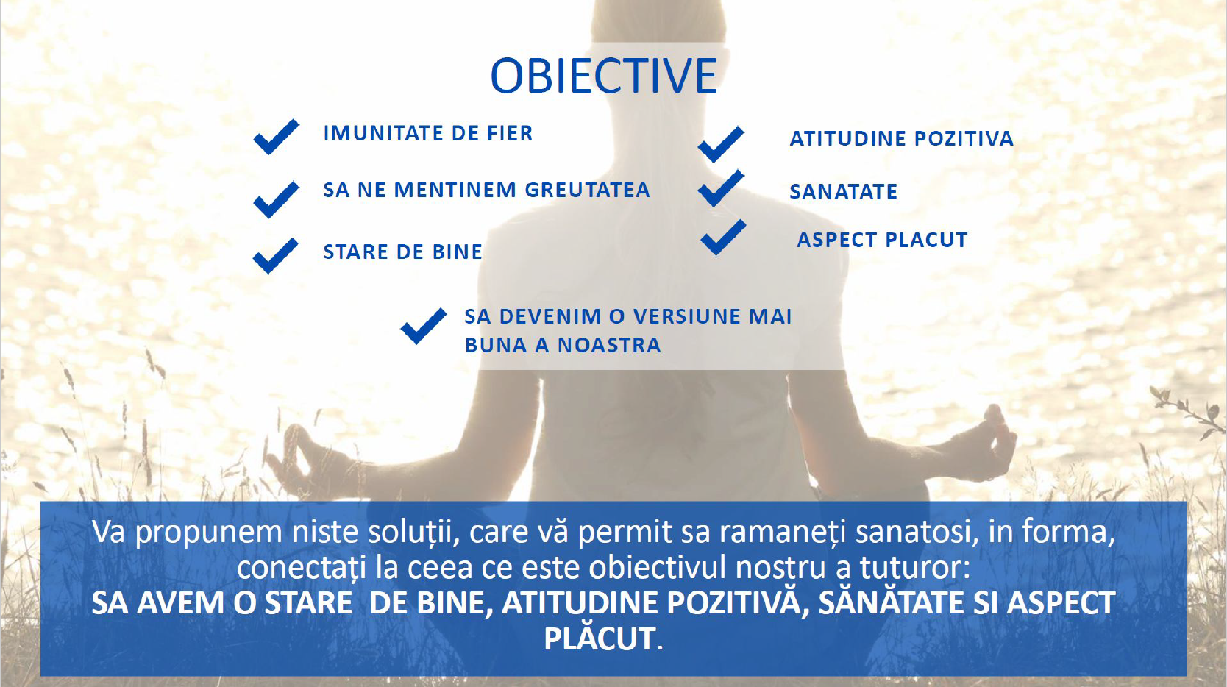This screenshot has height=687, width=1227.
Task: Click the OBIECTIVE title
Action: (x=604, y=76)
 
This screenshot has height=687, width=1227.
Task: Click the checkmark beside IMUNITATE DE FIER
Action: (x=276, y=136)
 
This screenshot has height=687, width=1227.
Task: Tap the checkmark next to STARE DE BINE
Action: (x=276, y=255)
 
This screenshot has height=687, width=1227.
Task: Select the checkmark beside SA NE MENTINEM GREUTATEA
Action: (x=276, y=199)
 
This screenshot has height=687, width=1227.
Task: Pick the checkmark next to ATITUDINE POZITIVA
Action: (x=721, y=144)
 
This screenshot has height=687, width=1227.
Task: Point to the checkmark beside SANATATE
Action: (x=721, y=188)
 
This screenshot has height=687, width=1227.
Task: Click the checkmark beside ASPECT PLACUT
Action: (x=723, y=238)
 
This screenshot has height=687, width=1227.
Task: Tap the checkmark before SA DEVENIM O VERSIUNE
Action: (x=424, y=326)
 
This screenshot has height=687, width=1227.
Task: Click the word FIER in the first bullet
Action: (x=510, y=133)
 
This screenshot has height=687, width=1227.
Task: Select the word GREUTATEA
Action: (x=587, y=190)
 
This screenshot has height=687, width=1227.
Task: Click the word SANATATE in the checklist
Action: (x=844, y=192)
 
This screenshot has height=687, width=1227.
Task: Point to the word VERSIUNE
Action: (x=677, y=317)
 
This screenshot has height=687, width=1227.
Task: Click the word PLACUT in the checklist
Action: (x=926, y=240)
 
